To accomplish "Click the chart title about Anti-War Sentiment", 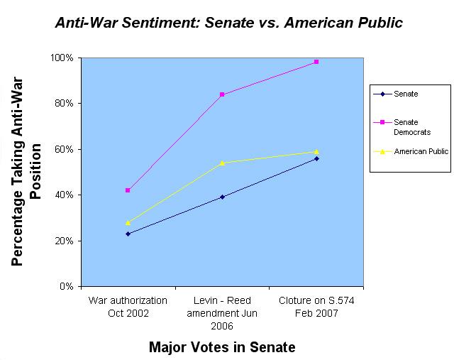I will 228,23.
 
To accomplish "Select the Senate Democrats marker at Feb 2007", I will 316,62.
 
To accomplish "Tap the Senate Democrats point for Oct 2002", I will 128,190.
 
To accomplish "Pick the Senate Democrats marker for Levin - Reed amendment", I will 222,94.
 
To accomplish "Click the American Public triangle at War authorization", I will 128,222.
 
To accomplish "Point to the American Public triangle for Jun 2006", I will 222,163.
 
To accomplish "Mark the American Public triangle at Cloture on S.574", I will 316,151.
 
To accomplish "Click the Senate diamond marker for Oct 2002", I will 128,234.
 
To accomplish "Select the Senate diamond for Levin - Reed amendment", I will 222,197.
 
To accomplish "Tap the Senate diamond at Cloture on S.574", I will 316,158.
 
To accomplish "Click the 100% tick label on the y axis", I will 64,58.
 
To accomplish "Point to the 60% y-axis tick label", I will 65,149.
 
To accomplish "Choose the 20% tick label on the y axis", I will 65,241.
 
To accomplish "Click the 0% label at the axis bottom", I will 67,286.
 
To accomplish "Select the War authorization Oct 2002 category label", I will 128,307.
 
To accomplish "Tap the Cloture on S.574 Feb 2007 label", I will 316,307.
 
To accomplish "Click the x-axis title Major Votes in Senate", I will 222,347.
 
